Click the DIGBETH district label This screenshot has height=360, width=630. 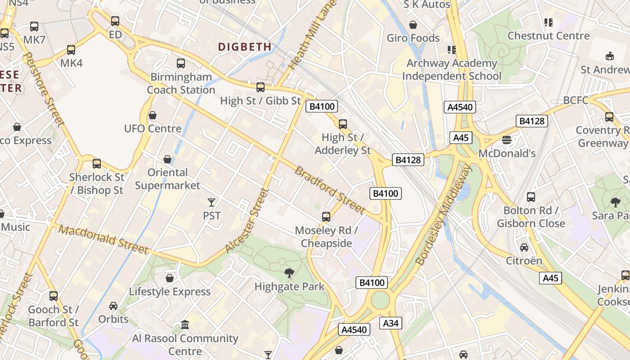coord(245,47)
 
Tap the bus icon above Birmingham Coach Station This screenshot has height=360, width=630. coord(181,63)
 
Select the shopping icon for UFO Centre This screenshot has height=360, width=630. coord(153,116)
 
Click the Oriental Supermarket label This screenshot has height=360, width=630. coord(167,179)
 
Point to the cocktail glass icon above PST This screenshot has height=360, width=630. coord(211,202)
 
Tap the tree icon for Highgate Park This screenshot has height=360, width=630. coord(289,273)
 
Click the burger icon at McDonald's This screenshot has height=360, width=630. coord(507,140)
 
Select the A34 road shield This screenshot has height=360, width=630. coord(390,323)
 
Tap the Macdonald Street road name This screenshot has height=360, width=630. coord(103,239)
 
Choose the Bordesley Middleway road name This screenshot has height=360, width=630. coord(444,214)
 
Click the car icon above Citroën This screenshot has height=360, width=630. coord(524,247)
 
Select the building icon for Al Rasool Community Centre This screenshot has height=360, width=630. coord(185,324)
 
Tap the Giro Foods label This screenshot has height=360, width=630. coord(413,38)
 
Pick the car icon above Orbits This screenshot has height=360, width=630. coord(113,306)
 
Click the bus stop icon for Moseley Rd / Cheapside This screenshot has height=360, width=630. coord(326,217)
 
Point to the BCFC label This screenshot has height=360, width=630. coord(576,100)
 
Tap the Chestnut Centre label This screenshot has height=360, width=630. coord(548,36)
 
